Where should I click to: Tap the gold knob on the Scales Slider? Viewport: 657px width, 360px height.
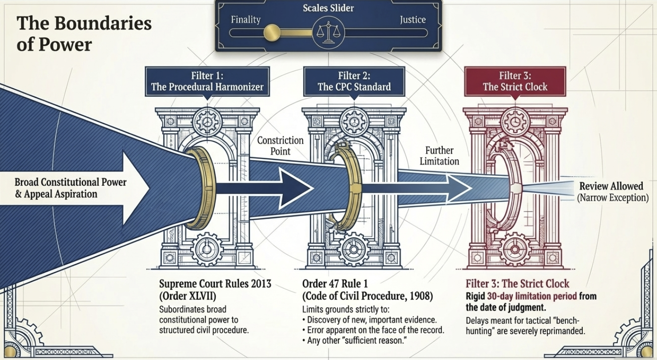coord(272,32)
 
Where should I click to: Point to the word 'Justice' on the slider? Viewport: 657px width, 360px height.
coord(412,20)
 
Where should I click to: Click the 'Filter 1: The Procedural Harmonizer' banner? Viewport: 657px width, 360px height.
coord(207,81)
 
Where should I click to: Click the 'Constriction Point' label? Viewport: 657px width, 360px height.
coord(281,145)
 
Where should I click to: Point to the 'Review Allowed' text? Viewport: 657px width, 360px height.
coord(611,186)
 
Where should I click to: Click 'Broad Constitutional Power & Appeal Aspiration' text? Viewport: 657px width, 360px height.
coord(70,188)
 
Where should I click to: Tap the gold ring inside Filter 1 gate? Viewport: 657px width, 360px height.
coord(203,188)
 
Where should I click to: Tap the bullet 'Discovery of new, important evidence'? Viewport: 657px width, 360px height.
coord(371,320)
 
